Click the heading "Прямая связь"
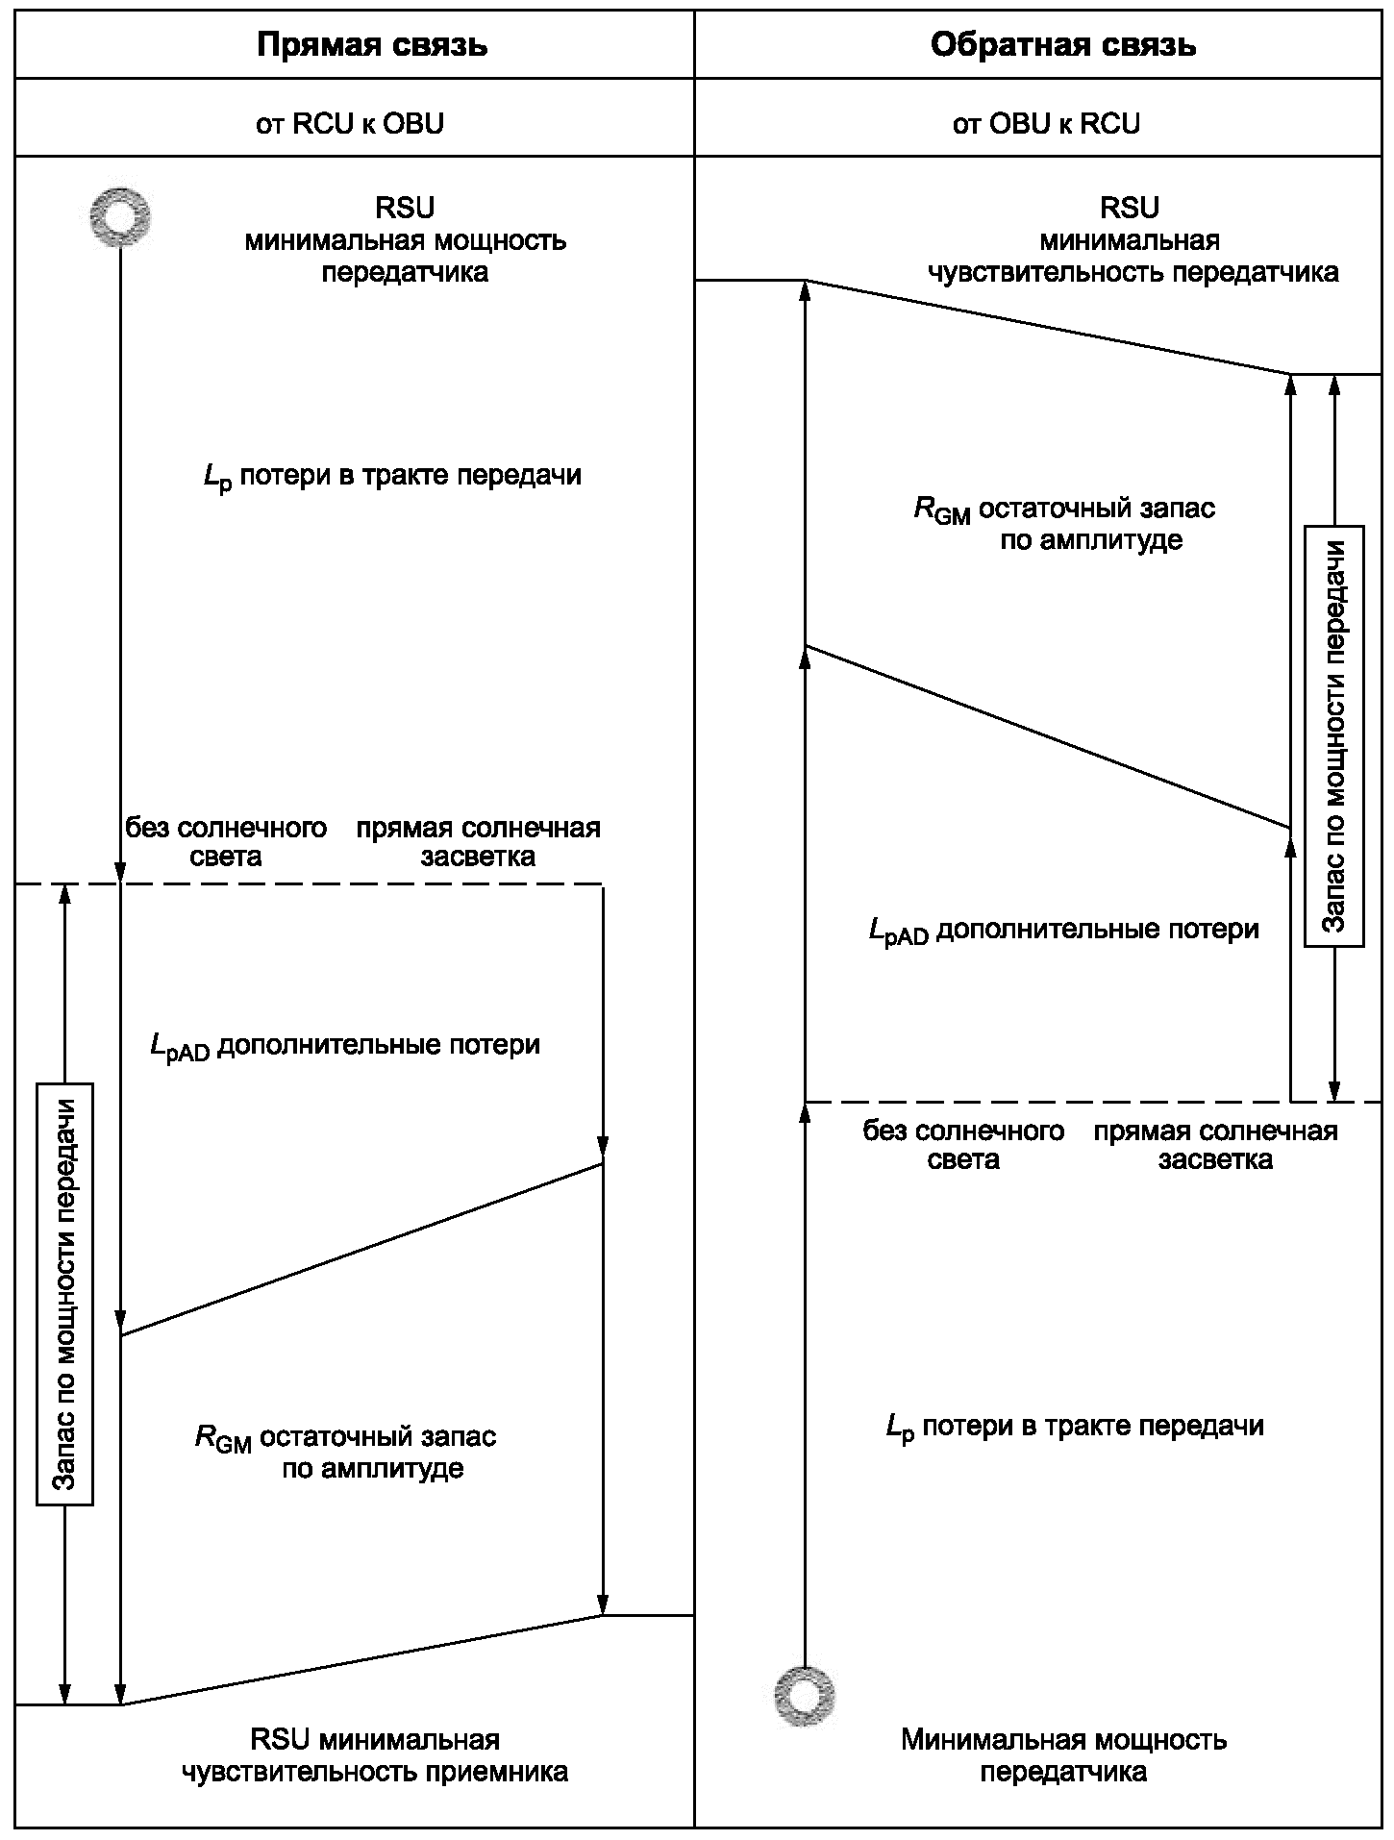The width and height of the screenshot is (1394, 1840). click(x=372, y=45)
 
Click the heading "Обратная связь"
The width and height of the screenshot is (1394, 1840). click(x=1062, y=45)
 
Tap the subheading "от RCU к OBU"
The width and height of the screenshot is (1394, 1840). click(x=350, y=123)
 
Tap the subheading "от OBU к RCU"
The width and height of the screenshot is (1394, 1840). click(x=1046, y=123)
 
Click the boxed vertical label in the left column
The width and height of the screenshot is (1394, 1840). click(x=64, y=1293)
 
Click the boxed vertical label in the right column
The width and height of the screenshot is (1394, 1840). click(x=1333, y=735)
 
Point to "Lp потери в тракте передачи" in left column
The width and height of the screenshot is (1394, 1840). click(x=392, y=476)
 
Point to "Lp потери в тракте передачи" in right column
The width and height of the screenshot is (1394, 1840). click(x=1075, y=1426)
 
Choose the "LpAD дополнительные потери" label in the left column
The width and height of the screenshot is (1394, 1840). click(x=345, y=1046)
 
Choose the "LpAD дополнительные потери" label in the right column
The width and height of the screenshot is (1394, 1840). click(x=1063, y=931)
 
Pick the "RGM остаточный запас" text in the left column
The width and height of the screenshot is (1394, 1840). click(x=346, y=1438)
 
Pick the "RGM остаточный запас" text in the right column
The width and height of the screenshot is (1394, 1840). click(x=1064, y=509)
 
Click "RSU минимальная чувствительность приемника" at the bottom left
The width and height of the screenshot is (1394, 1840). click(x=375, y=1754)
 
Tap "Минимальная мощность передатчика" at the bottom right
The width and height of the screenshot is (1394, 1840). click(x=1063, y=1754)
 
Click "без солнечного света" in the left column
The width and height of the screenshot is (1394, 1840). click(x=226, y=841)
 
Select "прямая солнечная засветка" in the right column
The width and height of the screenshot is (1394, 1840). click(x=1215, y=1144)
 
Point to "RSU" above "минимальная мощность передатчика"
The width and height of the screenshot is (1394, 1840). click(x=405, y=208)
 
